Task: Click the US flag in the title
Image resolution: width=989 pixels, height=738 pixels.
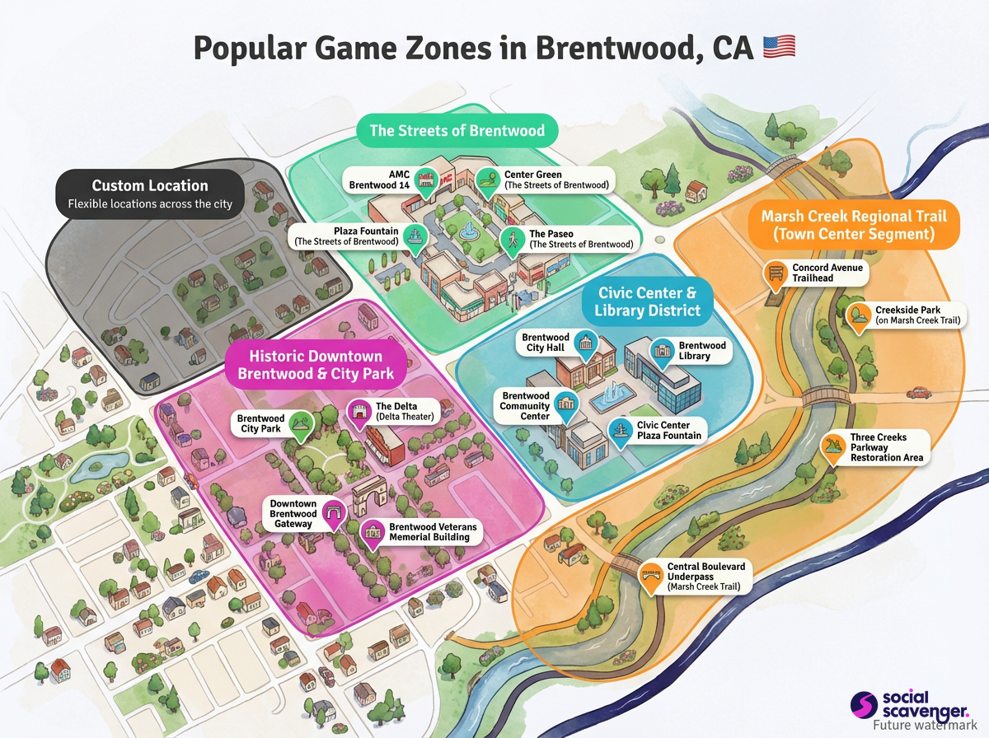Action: point(779,47)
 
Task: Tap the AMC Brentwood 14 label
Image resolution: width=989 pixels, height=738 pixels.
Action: point(378,180)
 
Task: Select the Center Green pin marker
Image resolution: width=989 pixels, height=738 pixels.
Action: point(487,179)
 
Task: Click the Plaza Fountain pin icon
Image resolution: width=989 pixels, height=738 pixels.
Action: point(416,236)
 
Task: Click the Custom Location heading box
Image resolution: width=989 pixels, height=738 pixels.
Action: point(150,194)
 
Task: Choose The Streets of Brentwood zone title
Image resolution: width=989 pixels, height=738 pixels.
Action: point(457,131)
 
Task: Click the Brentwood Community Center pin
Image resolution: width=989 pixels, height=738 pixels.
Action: point(566,404)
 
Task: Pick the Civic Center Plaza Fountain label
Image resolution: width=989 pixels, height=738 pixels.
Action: point(668,430)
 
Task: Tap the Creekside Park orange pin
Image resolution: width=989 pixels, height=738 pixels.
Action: point(858,315)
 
